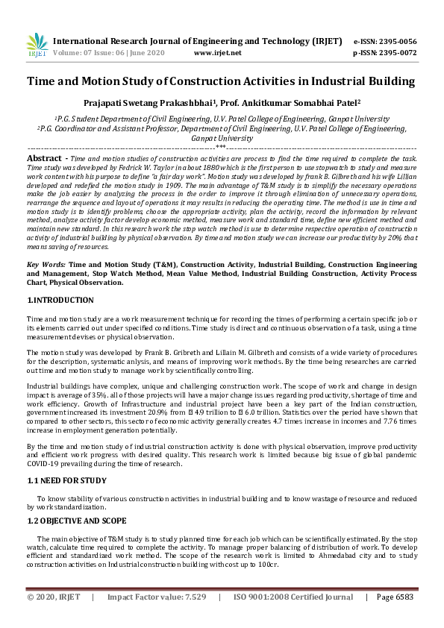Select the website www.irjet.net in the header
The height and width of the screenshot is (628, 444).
[x=217, y=53]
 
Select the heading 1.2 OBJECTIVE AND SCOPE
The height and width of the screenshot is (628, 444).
[x=77, y=520]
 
